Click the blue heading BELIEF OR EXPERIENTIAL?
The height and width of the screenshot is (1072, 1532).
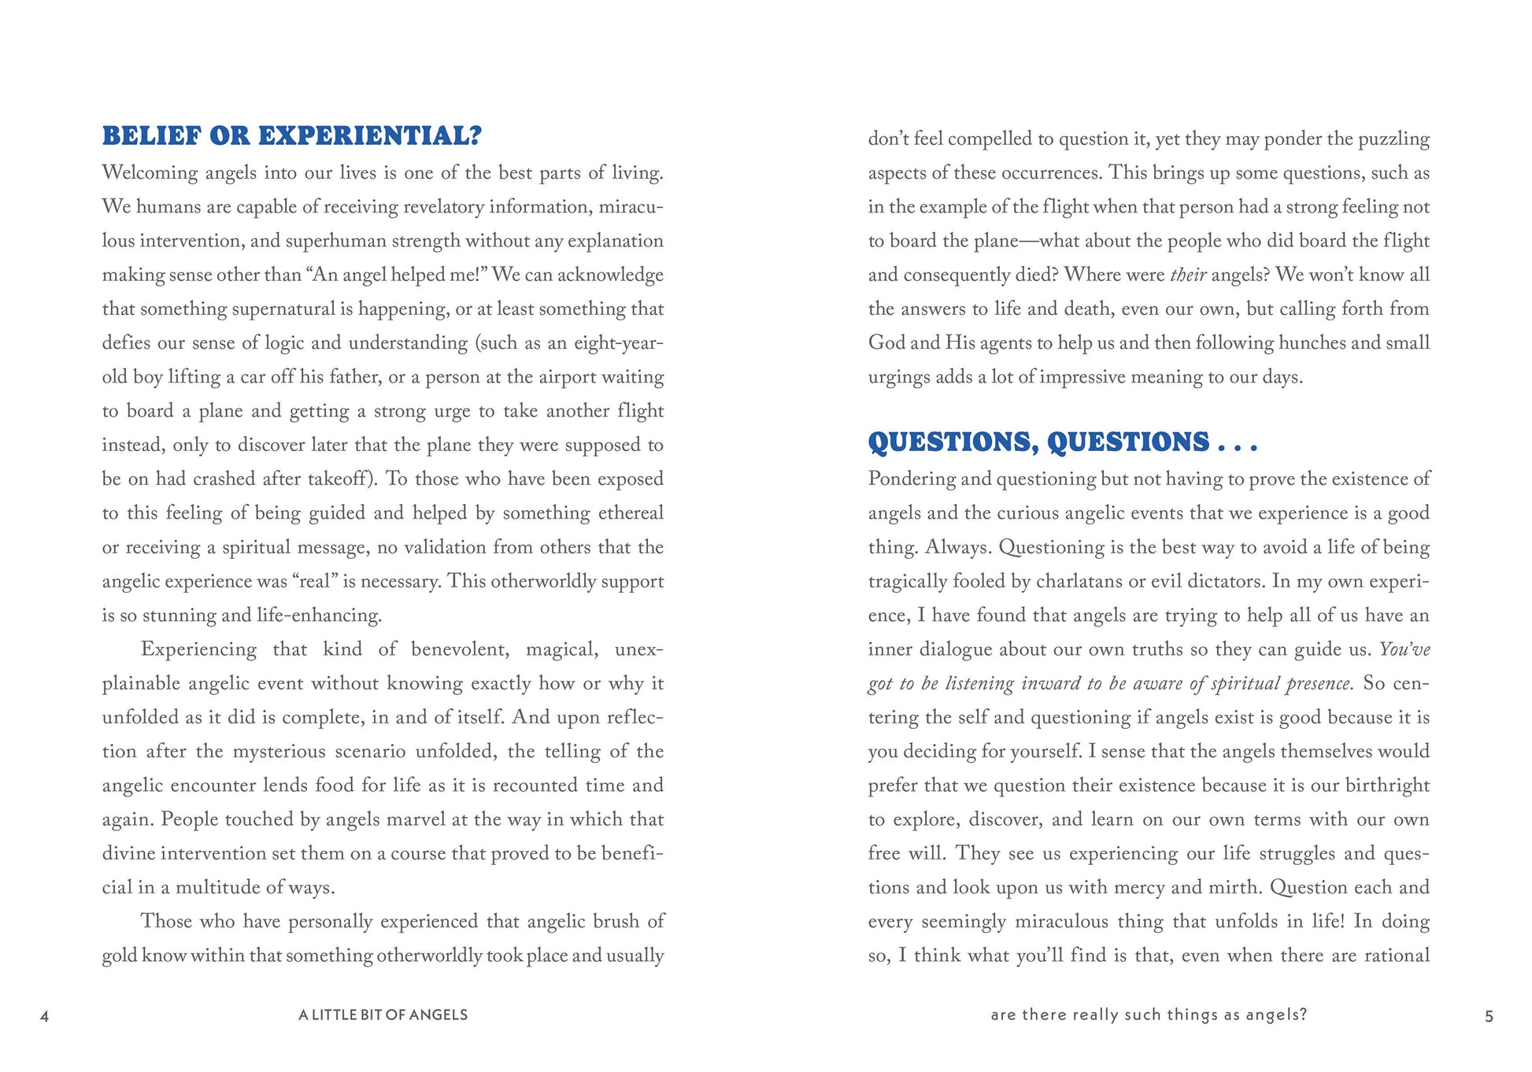(x=291, y=136)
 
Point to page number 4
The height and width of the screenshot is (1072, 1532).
(x=44, y=1016)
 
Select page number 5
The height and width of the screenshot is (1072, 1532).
(x=1489, y=1016)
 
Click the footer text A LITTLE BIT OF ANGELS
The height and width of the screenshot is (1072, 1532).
(x=383, y=1015)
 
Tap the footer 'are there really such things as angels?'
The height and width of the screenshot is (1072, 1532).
(x=1149, y=1015)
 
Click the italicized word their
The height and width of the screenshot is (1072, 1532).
(x=1188, y=275)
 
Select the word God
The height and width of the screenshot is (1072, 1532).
(x=887, y=343)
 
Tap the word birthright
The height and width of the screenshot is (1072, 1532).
(x=1387, y=786)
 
